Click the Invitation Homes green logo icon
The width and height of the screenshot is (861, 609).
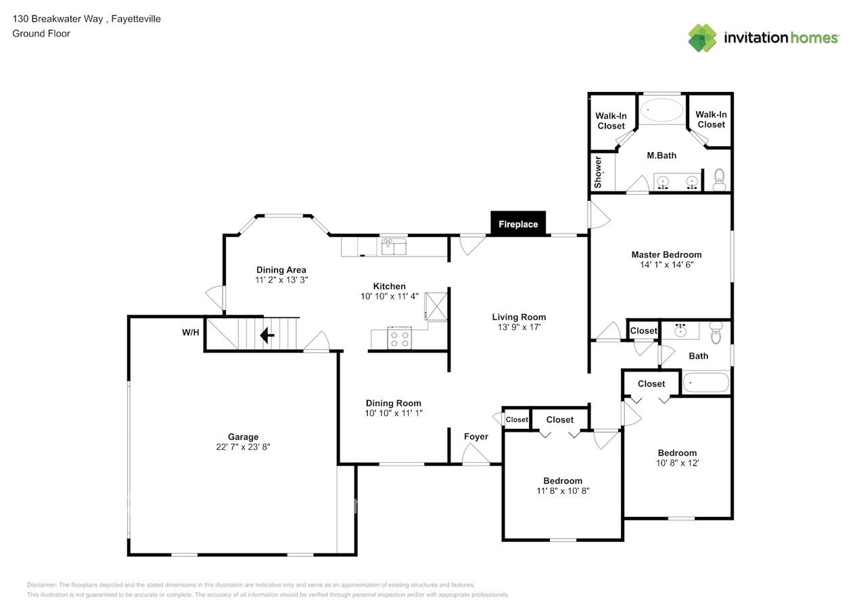702,38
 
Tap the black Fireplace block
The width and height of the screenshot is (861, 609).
518,224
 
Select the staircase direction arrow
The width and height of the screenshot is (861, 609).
268,335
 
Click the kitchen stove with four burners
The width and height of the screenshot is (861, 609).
400,338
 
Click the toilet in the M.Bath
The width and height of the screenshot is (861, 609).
719,179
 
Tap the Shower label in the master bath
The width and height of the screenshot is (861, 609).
599,172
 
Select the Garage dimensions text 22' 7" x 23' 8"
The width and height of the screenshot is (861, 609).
243,447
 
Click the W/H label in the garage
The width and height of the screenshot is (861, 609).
190,332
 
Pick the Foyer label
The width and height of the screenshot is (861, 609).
475,436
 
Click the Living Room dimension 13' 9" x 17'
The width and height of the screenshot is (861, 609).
519,328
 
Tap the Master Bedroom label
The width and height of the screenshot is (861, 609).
666,254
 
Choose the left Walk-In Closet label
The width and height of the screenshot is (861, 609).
611,120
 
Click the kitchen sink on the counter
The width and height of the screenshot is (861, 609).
393,247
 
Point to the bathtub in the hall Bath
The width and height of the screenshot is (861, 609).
705,383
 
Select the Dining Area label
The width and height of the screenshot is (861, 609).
281,269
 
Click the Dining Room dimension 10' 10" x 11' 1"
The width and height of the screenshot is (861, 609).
394,413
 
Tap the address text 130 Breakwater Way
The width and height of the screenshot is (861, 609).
57,19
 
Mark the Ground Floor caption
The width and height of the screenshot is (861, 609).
41,33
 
